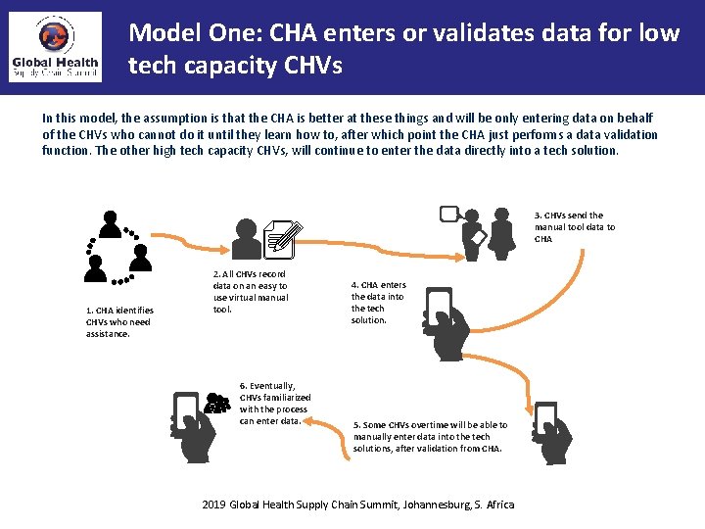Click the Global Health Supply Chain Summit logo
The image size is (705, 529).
[55, 48]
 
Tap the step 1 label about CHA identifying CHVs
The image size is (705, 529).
[119, 322]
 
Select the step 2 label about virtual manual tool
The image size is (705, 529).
[251, 291]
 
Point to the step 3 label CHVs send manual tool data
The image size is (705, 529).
[575, 226]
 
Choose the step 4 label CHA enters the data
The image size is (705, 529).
[378, 303]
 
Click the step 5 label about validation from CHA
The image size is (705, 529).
[430, 436]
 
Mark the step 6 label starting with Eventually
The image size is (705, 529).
[274, 403]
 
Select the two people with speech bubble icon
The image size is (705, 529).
[484, 229]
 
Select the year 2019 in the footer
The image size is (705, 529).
[213, 505]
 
